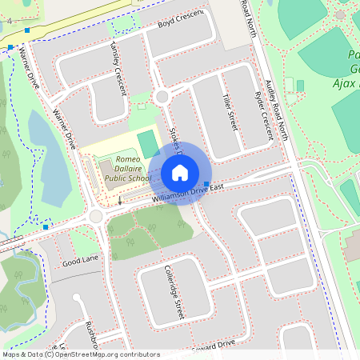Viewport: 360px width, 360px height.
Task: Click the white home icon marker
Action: [x=180, y=173]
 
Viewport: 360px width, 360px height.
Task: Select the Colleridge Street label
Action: [x=174, y=293]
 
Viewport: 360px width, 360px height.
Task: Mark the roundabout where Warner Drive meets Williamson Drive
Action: [x=97, y=216]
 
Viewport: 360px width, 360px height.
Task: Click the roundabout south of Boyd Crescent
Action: [x=162, y=97]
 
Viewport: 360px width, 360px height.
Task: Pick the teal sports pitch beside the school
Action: [x=148, y=142]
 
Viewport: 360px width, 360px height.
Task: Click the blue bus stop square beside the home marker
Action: [x=207, y=185]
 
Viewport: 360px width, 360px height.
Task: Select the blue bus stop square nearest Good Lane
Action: [x=46, y=227]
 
